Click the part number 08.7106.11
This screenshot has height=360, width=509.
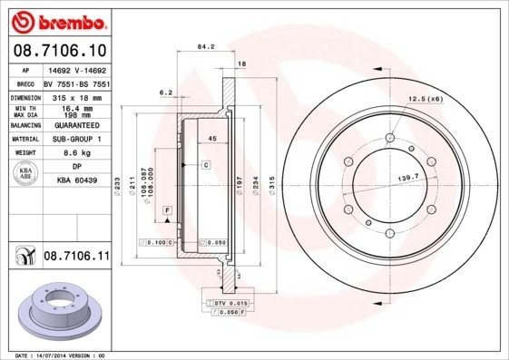[76, 258]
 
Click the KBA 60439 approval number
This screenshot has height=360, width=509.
[75, 181]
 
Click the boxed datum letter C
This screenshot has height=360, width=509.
[206, 165]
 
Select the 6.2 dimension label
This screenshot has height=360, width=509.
[165, 92]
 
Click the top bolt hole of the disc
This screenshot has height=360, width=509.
[390, 138]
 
